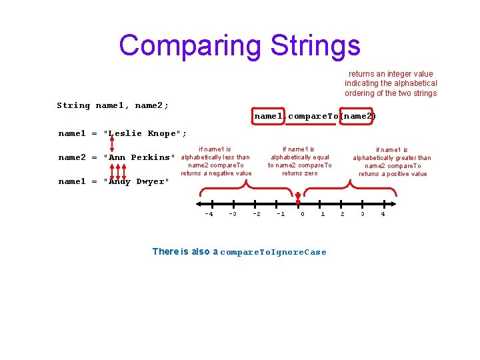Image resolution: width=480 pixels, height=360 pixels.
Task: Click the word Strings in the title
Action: click(315, 45)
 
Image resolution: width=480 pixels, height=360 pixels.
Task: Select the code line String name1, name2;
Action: click(113, 105)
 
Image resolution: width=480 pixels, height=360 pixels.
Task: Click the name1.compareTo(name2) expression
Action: click(315, 116)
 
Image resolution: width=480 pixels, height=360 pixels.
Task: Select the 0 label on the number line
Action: click(303, 214)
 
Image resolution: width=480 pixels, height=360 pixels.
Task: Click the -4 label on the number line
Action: click(209, 214)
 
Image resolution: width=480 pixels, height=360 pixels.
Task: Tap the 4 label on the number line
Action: click(383, 214)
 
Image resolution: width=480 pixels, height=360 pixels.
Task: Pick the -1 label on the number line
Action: click(281, 214)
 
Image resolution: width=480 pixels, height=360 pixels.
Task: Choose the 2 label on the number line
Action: click(343, 214)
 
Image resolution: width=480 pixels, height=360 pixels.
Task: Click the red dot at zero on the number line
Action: click(298, 202)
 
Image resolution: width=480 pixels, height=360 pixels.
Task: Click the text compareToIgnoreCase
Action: click(273, 252)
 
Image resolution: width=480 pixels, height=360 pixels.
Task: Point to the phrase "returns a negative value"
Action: click(216, 173)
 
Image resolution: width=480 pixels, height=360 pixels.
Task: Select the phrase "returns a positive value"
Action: click(393, 174)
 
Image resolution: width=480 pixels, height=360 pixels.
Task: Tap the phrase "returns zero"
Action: click(300, 173)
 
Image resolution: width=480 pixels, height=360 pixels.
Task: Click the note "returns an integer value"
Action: click(391, 74)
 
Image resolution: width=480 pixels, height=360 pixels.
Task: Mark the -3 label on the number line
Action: click(232, 214)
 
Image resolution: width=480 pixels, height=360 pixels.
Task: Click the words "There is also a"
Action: click(185, 251)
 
